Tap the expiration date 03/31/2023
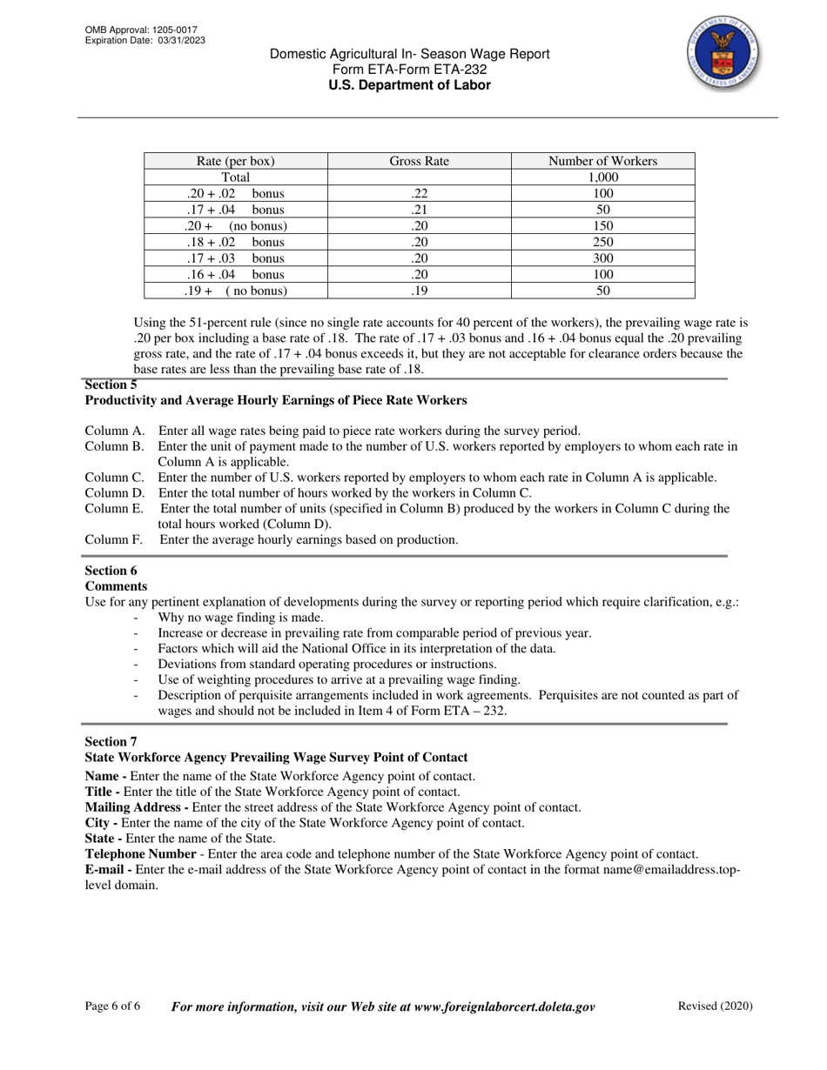[x=182, y=41]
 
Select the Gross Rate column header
[x=419, y=161]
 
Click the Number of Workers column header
[x=602, y=161]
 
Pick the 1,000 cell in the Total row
[x=602, y=177]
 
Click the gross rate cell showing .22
[x=419, y=194]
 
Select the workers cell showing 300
[x=602, y=258]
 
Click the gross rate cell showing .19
[x=419, y=291]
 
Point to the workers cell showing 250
[x=602, y=242]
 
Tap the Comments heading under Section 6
[x=116, y=586]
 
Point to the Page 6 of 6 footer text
[x=112, y=1006]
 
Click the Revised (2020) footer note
[x=715, y=1006]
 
